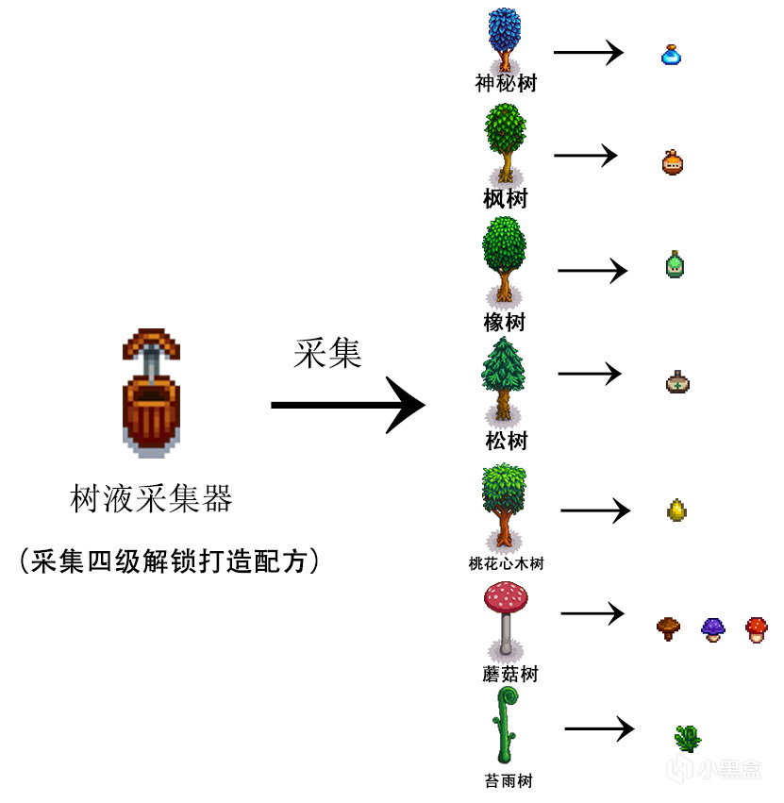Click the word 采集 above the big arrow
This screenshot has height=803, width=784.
click(x=327, y=354)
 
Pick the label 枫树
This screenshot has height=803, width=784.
click(x=506, y=199)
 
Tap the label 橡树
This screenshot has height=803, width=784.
click(x=506, y=322)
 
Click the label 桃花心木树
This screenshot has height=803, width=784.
click(x=506, y=563)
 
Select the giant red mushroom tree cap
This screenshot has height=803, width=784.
click(x=507, y=597)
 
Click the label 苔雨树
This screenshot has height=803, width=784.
click(x=506, y=781)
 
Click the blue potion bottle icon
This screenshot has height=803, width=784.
click(x=671, y=54)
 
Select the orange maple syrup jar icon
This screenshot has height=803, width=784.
click(x=672, y=162)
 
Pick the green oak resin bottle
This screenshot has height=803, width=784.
click(x=675, y=264)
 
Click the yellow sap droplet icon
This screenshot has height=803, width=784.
click(x=676, y=510)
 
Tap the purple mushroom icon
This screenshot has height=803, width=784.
click(x=713, y=628)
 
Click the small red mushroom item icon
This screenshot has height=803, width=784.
click(x=756, y=628)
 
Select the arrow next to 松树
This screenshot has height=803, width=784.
click(x=590, y=374)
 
